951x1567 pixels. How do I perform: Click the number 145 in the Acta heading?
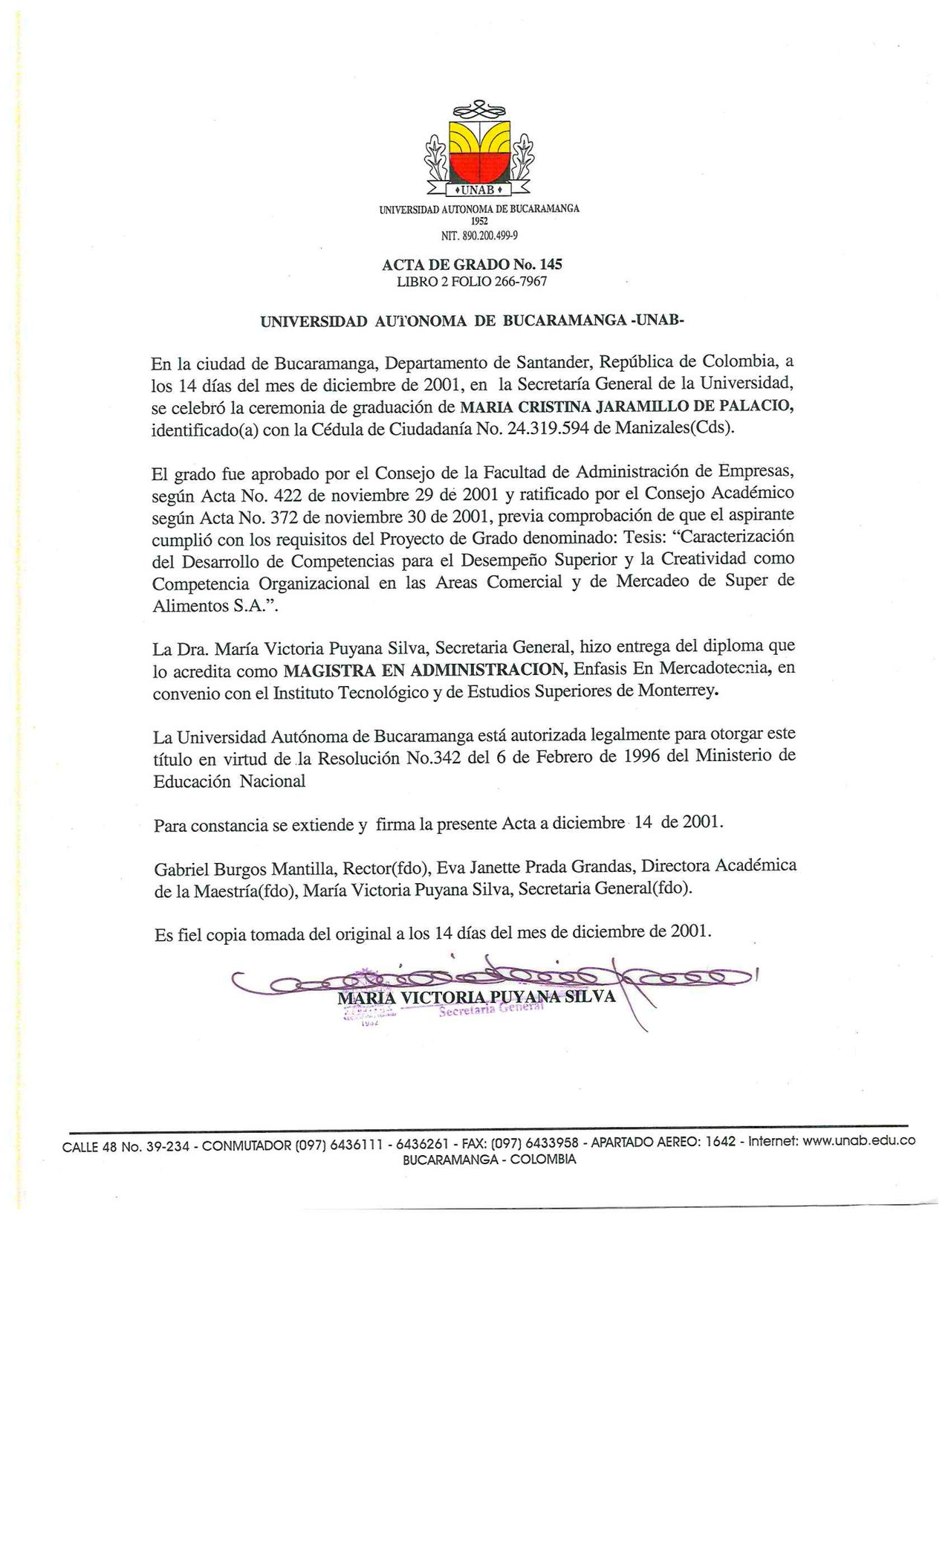pyautogui.click(x=551, y=264)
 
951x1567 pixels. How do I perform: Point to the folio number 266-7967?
pyautogui.click(x=520, y=281)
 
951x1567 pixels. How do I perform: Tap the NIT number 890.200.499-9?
pyautogui.click(x=488, y=236)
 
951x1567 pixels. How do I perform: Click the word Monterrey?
pyautogui.click(x=679, y=691)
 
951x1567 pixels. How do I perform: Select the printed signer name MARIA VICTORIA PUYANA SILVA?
pyautogui.click(x=476, y=997)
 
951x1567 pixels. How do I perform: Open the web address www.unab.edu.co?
pyautogui.click(x=859, y=1145)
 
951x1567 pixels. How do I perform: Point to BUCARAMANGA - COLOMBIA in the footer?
pyautogui.click(x=488, y=1160)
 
